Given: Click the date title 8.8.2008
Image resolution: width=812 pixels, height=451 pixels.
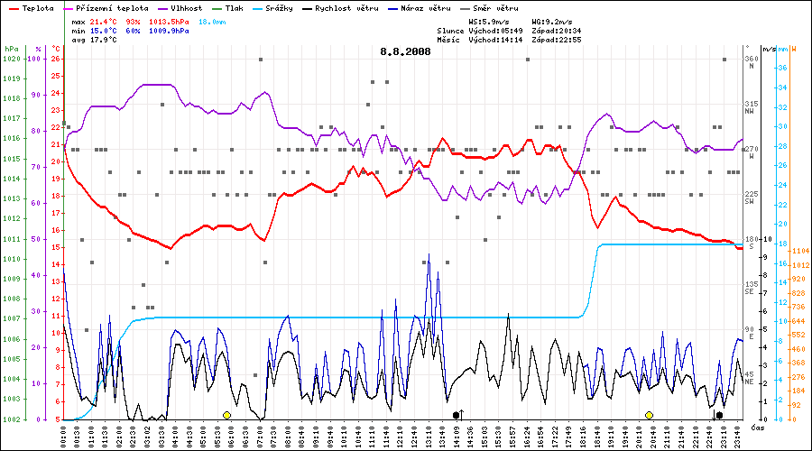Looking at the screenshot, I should point(405,51).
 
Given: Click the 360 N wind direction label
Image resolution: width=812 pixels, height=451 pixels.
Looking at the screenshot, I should point(751,61).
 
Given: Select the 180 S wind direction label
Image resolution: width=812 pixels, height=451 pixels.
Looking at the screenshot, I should point(751,242).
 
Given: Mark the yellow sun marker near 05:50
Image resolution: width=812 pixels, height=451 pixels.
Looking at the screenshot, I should point(226,415).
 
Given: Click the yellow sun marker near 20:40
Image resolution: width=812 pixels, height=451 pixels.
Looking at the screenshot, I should point(649,415).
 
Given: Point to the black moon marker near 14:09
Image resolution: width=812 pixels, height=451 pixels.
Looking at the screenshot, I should point(457,415).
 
